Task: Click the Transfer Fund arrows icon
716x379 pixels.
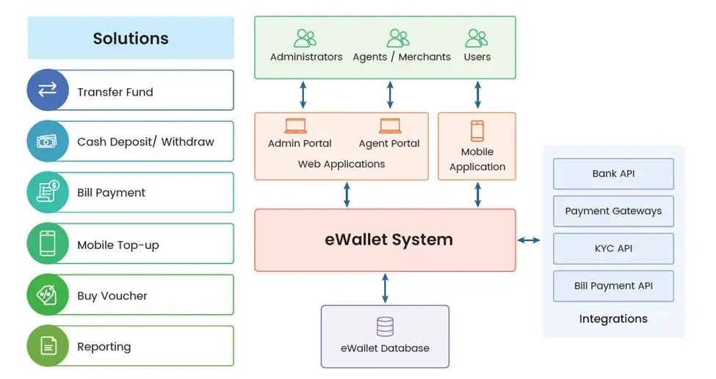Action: tap(47, 90)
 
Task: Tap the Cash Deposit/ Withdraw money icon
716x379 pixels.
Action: tap(47, 142)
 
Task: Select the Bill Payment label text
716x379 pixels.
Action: tap(111, 192)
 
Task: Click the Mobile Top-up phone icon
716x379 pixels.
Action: tap(47, 244)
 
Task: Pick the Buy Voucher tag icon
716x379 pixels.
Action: tap(47, 295)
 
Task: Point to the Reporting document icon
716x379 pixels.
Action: tap(47, 346)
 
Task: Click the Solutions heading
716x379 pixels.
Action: tap(131, 38)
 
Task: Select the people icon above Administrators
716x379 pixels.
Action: tap(305, 37)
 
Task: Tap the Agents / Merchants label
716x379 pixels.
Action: tap(402, 57)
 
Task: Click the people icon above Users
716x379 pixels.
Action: tap(477, 37)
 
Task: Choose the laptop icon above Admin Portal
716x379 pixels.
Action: tap(295, 126)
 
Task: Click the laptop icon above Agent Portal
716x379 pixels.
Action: tap(390, 126)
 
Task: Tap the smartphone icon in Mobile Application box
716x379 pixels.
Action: tap(477, 131)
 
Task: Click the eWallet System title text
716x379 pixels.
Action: tap(388, 239)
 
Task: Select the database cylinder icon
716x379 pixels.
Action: tap(385, 326)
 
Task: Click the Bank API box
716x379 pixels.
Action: tap(613, 174)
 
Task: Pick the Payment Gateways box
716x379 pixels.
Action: tap(613, 211)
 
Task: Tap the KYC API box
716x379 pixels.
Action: tap(613, 248)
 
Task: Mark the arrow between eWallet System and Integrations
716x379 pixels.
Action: tap(529, 240)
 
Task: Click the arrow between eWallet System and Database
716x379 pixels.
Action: tap(385, 288)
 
